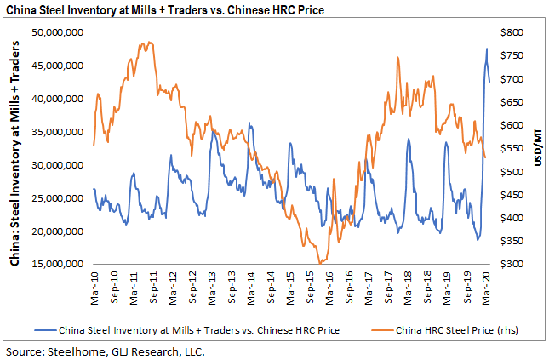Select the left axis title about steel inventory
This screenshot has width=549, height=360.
[x=15, y=149]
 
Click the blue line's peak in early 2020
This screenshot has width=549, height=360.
[x=487, y=49]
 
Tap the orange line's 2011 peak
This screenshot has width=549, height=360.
[x=149, y=42]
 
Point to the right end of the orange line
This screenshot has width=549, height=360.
[x=485, y=157]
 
